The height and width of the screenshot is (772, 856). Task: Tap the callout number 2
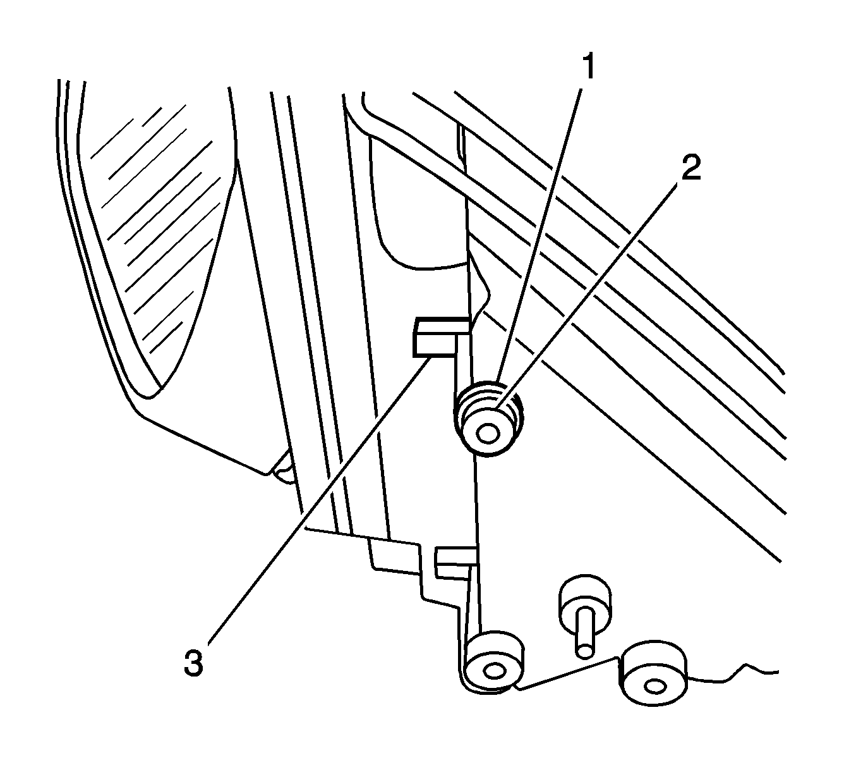pyautogui.click(x=690, y=169)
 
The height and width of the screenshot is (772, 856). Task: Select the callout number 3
pyautogui.click(x=194, y=665)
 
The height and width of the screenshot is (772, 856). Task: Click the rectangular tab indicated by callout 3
pyautogui.click(x=436, y=340)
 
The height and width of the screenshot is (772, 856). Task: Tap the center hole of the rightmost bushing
pyautogui.click(x=654, y=687)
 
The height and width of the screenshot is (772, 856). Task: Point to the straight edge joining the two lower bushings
pyautogui.click(x=569, y=671)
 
